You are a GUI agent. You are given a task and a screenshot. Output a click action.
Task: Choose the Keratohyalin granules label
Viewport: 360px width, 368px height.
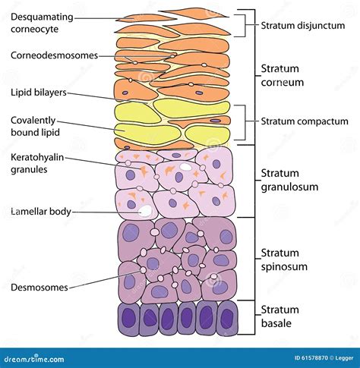[x=38, y=164]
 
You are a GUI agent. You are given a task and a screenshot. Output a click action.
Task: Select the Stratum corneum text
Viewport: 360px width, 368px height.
[x=283, y=75]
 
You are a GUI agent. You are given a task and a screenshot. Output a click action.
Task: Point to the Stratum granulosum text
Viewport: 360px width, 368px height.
[x=289, y=181]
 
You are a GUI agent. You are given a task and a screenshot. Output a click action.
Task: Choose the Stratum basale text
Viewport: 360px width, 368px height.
[x=281, y=316]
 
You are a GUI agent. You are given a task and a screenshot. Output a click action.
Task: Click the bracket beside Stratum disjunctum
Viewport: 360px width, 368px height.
[x=245, y=25]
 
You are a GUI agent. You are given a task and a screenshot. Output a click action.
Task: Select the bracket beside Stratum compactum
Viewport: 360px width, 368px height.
[x=245, y=121]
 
